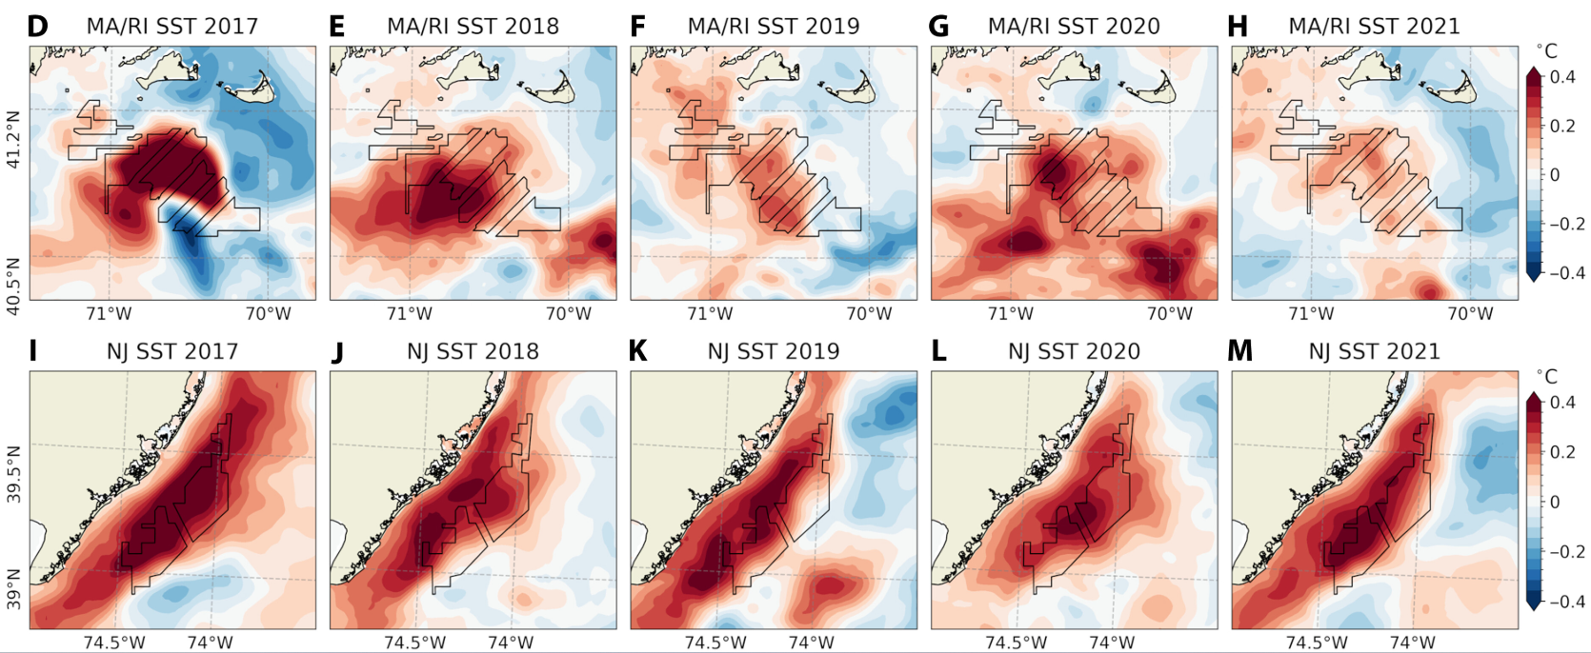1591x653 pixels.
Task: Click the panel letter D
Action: (37, 26)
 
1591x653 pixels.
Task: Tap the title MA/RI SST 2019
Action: (773, 26)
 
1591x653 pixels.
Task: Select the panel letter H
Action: (1238, 26)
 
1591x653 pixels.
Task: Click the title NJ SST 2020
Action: (1074, 351)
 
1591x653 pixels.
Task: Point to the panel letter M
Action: (1239, 351)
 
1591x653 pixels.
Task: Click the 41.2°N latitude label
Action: (13, 140)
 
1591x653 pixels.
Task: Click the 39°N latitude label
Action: (13, 588)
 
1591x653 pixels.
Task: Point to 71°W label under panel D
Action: (109, 313)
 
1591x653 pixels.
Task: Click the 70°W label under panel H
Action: (1470, 313)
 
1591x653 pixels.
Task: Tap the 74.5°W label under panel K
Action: (715, 643)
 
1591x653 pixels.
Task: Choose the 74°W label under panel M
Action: (1412, 643)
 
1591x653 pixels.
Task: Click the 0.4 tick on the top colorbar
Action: (1562, 77)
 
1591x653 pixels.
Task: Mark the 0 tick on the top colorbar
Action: (1556, 175)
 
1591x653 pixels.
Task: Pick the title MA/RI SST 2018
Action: (473, 26)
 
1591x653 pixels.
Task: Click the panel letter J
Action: (337, 351)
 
